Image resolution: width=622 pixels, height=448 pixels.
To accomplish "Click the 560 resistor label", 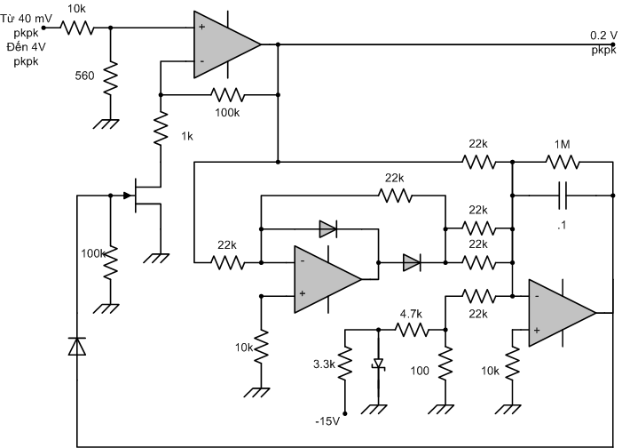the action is pos(84,76).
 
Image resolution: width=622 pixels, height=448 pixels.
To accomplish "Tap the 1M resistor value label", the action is pos(562,145).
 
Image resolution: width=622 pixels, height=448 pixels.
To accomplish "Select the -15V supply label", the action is pos(327,421).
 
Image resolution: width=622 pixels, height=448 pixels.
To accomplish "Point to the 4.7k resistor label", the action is pos(411,315).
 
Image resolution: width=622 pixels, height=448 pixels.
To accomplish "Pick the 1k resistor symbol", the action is pos(161,128).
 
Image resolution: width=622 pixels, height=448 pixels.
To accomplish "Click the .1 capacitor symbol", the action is pos(563,196).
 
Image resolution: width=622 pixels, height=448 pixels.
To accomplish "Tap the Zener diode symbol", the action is pos(379,364).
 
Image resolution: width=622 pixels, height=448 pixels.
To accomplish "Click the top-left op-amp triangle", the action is pos(227,44).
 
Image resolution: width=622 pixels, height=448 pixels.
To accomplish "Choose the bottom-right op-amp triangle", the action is pos(562,313).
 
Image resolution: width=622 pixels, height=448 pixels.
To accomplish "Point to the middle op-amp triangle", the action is pos(327,279).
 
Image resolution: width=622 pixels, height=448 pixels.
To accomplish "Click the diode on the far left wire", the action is pos(77,346).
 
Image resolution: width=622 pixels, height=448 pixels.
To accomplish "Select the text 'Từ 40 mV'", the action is pos(27,19).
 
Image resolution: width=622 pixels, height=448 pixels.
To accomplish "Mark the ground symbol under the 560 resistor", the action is pos(106,124).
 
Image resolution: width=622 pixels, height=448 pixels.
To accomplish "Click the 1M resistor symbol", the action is pos(563,162).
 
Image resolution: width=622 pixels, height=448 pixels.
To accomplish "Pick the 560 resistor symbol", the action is pos(110,77).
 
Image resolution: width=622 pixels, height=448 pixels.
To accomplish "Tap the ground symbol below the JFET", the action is pos(156,259).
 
